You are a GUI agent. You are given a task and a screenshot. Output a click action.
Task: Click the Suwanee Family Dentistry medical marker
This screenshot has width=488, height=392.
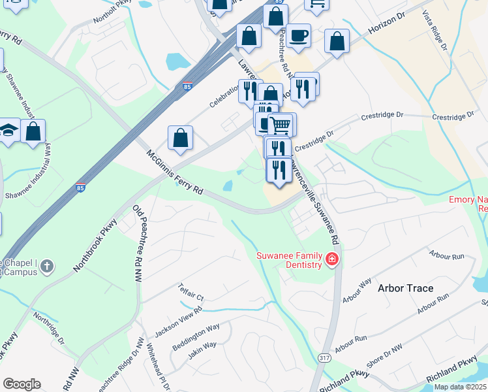coord(332,260)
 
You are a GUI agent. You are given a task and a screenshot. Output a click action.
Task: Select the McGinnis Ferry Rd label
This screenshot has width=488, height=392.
coord(175,174)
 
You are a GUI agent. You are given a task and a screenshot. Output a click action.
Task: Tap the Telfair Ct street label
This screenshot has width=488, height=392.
coord(191,292)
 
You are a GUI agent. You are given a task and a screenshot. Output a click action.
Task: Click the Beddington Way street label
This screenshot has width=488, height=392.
coord(196,335)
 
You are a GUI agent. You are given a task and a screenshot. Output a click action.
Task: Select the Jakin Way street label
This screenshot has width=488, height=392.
coord(202,350)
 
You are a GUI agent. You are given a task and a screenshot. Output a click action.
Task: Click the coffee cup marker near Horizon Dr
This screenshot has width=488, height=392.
coord(298,36)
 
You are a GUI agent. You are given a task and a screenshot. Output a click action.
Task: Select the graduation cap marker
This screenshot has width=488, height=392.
coord(8,130)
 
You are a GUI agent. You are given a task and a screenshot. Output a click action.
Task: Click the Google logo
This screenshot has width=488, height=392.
coord(22,384)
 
